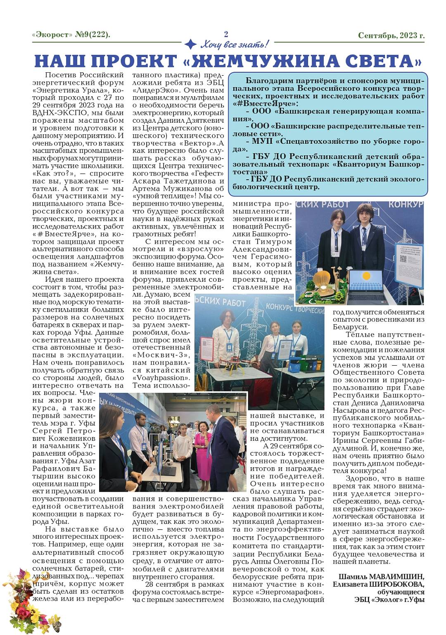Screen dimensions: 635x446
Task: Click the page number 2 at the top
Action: click(x=226, y=34)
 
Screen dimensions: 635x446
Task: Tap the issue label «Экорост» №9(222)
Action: click(x=71, y=35)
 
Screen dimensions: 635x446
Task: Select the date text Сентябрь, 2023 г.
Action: click(x=391, y=36)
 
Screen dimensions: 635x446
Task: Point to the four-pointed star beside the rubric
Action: click(x=190, y=44)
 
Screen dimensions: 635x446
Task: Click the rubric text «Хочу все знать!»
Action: click(x=234, y=44)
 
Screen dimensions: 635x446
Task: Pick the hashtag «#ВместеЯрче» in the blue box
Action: click(x=265, y=104)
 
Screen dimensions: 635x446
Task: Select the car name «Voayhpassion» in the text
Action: click(x=160, y=378)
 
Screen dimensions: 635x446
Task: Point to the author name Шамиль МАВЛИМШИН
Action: click(x=381, y=577)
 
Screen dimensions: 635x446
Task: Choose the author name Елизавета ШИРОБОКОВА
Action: click(x=378, y=584)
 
